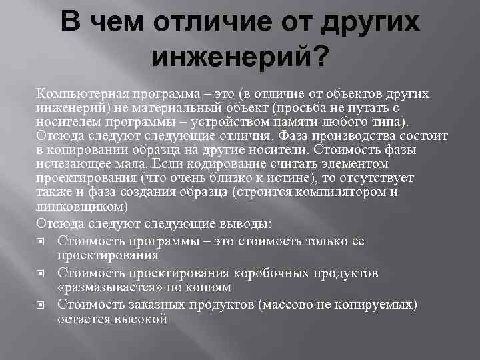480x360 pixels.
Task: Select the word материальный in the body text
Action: click(x=167, y=109)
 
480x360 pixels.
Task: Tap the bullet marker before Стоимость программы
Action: click(x=41, y=241)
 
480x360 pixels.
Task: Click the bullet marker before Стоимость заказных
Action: click(x=41, y=305)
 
